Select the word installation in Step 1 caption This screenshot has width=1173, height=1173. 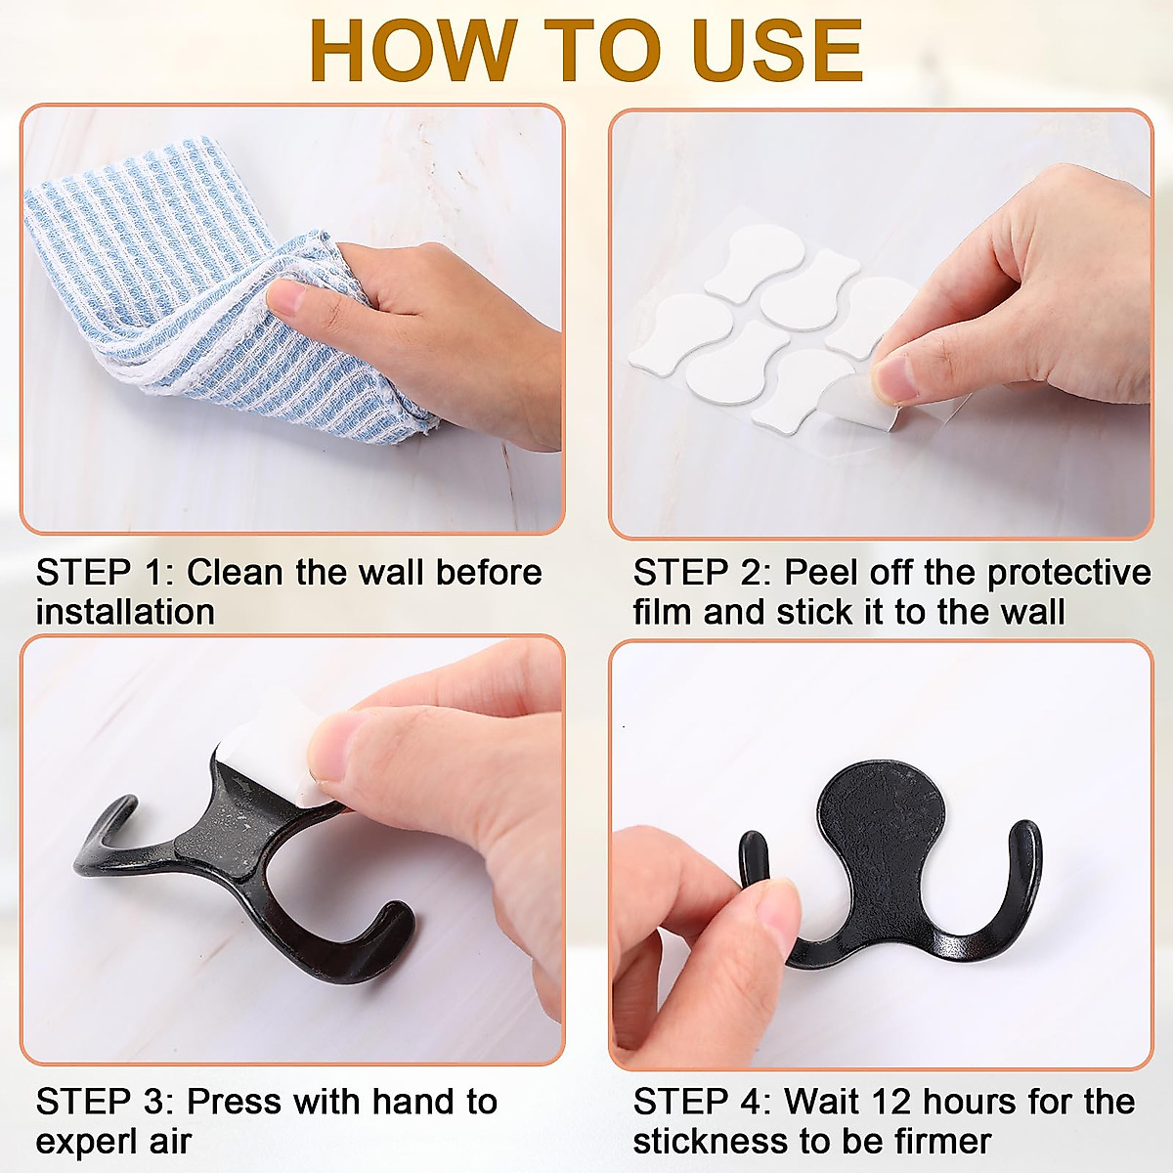pos(125,613)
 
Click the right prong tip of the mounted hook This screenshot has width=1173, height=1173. pos(1025,836)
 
